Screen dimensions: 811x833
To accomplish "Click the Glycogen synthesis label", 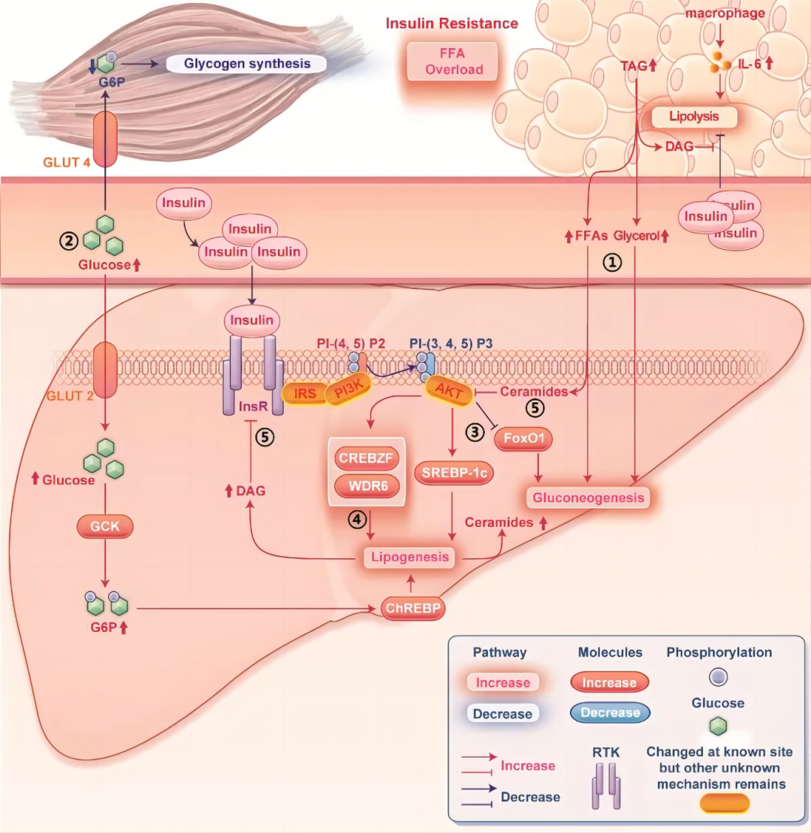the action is coord(246,64).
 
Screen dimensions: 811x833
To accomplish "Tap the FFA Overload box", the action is coord(453,61).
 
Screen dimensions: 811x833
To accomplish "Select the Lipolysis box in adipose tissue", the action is coord(694,116).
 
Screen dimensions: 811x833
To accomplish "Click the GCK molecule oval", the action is coord(104,527).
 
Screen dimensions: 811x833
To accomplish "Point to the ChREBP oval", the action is coord(413,609).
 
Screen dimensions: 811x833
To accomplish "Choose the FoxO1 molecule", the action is coord(523,438).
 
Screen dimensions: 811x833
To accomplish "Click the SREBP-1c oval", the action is coord(454,473).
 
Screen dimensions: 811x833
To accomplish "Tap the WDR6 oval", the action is coord(367,486).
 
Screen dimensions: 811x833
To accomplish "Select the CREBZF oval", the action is coord(366,458).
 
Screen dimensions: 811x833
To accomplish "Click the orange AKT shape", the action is coord(449,392).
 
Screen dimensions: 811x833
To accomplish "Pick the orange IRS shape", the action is coord(305,393).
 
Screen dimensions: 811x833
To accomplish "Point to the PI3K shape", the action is coord(348,390).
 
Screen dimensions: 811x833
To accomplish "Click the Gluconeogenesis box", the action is coord(588,498).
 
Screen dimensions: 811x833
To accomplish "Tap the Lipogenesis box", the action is coord(410,557).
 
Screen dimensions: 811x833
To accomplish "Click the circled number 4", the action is coord(357,519).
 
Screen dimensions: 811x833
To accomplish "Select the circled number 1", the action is coord(612,262).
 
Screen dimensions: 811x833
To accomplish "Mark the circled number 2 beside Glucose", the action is coord(68,241).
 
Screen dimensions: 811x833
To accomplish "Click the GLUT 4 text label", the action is coord(66,163).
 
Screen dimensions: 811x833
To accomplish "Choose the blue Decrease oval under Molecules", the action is coord(610,712).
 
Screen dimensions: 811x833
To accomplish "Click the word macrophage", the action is coord(725,14).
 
